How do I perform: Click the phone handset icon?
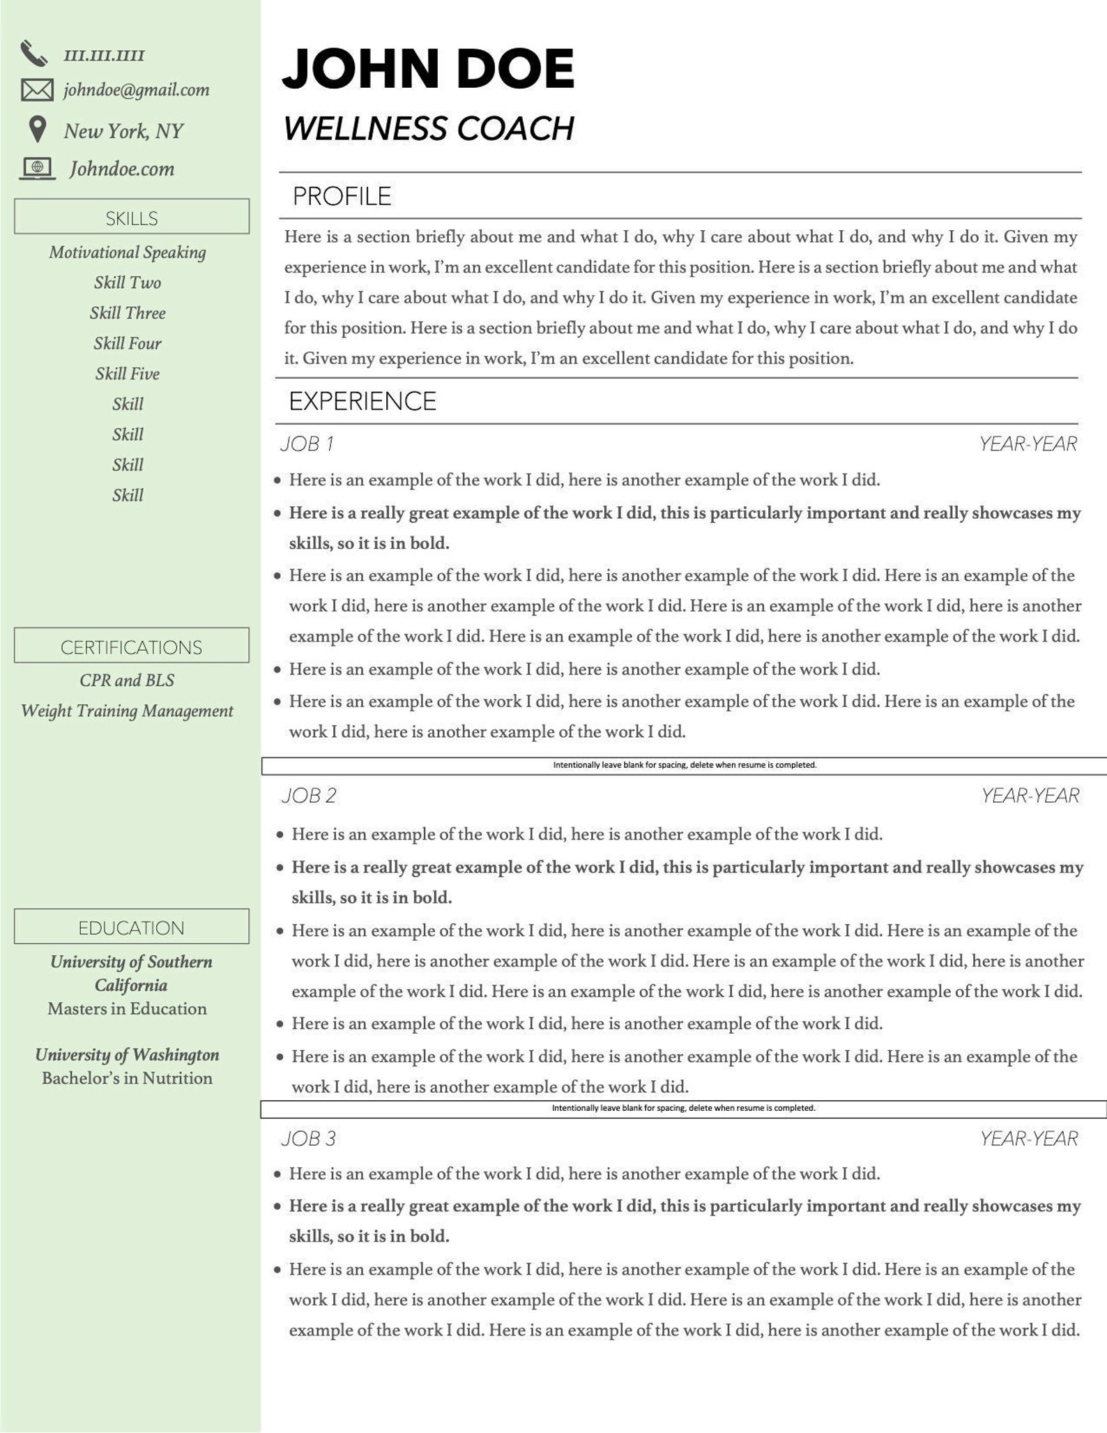click(x=33, y=54)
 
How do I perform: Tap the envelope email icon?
click(x=37, y=90)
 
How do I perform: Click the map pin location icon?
click(x=38, y=129)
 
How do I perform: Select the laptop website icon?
click(x=38, y=168)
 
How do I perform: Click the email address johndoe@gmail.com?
click(x=136, y=90)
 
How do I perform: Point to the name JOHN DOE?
click(x=427, y=69)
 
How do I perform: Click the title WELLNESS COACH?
click(x=429, y=128)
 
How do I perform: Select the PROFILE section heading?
click(x=342, y=196)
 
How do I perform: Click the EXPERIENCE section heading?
click(x=362, y=401)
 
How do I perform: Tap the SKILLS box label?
click(x=132, y=218)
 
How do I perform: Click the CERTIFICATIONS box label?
click(x=131, y=647)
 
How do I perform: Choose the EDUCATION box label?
click(x=131, y=927)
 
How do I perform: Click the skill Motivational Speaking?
click(x=128, y=252)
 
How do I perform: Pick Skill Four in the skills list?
click(x=128, y=343)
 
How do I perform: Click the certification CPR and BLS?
click(x=127, y=680)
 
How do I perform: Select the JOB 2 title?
click(x=309, y=795)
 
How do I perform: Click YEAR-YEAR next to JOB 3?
click(x=1028, y=1139)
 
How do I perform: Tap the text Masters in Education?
click(x=127, y=1008)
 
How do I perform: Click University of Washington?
click(x=127, y=1054)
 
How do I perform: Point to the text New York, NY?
click(x=123, y=131)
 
